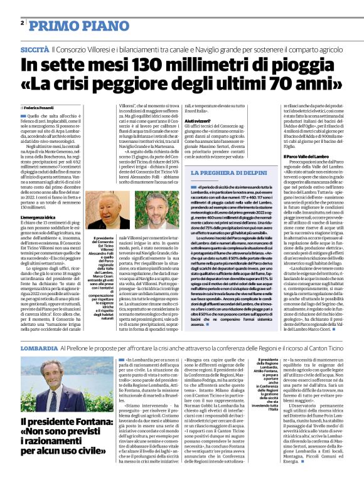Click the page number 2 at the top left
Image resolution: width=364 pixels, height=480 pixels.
pos(22,23)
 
